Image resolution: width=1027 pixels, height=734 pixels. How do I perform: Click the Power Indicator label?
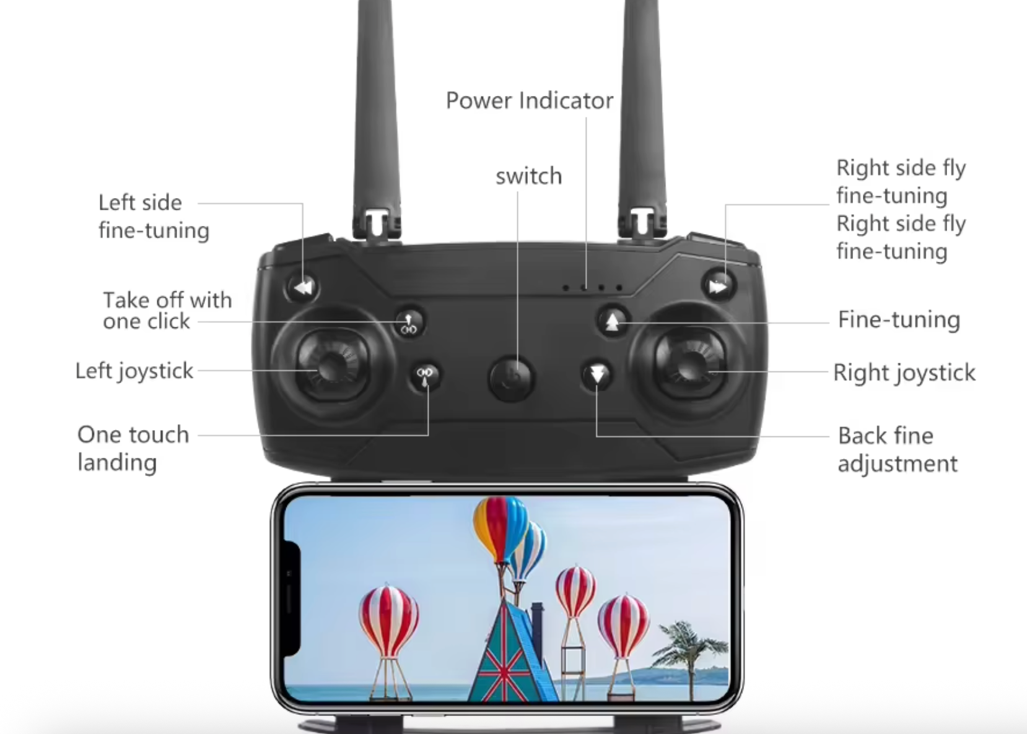click(530, 100)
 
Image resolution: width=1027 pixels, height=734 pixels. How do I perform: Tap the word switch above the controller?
click(529, 176)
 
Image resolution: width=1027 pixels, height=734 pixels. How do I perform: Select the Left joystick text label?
click(134, 371)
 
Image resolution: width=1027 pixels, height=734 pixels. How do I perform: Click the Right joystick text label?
click(904, 373)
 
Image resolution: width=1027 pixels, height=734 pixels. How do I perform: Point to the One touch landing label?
click(133, 448)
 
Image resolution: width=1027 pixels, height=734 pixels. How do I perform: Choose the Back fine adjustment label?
click(898, 449)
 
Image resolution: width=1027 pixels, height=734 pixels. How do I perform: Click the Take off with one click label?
click(167, 311)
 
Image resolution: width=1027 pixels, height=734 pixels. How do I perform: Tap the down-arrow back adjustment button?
click(597, 375)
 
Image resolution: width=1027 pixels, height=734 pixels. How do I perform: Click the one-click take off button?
click(409, 322)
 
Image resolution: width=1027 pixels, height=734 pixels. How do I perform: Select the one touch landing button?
click(425, 376)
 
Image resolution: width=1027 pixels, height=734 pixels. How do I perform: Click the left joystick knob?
click(331, 366)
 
